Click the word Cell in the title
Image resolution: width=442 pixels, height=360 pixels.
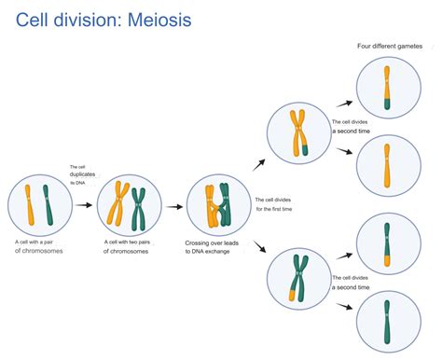pos(36,19)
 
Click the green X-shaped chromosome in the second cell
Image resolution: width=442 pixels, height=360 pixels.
pos(139,203)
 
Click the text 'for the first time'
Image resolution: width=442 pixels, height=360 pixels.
pos(274,210)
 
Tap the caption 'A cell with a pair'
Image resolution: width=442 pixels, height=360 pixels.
pos(35,242)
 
